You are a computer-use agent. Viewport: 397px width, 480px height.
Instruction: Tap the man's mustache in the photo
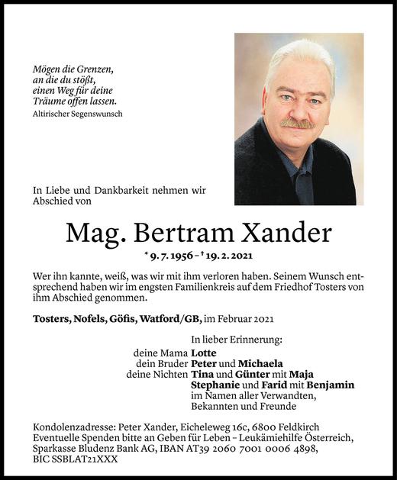pyautogui.click(x=296, y=123)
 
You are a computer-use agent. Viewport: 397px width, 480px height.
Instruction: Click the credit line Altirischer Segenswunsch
pyautogui.click(x=78, y=114)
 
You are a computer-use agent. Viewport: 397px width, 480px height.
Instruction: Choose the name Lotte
pyautogui.click(x=205, y=353)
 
